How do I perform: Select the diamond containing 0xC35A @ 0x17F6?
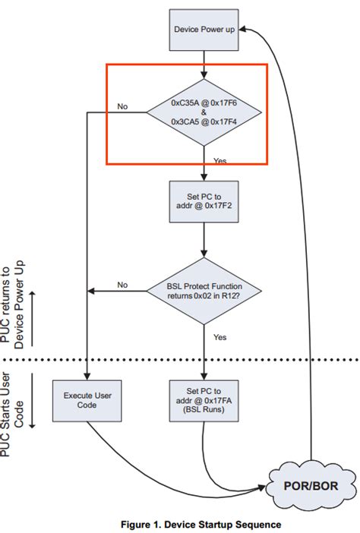coord(204,113)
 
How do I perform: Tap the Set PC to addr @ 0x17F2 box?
coord(203,199)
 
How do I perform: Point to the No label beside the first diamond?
coord(122,106)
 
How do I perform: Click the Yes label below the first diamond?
coord(219,160)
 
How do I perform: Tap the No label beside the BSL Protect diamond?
coord(122,284)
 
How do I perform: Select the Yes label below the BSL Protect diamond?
coord(219,336)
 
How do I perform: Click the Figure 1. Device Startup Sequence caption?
coord(201,524)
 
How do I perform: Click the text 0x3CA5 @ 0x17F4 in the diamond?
coord(204,121)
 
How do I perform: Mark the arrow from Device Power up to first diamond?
coord(203,65)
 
